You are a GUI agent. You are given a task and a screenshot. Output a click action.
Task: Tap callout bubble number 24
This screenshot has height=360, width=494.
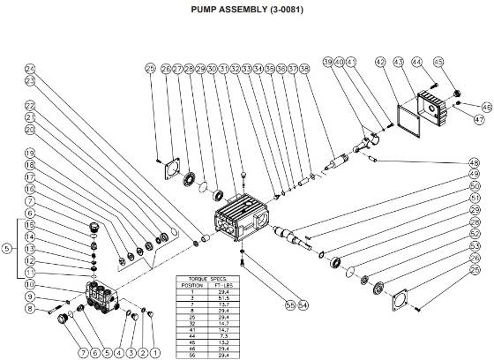[29, 68]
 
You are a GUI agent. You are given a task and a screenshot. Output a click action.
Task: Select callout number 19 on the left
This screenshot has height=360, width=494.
[29, 154]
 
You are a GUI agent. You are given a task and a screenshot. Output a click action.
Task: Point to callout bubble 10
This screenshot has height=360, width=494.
[29, 285]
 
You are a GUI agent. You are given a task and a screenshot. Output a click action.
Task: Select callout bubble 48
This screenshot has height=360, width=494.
[475, 162]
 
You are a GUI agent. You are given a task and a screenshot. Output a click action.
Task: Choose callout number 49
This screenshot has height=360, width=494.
[475, 175]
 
